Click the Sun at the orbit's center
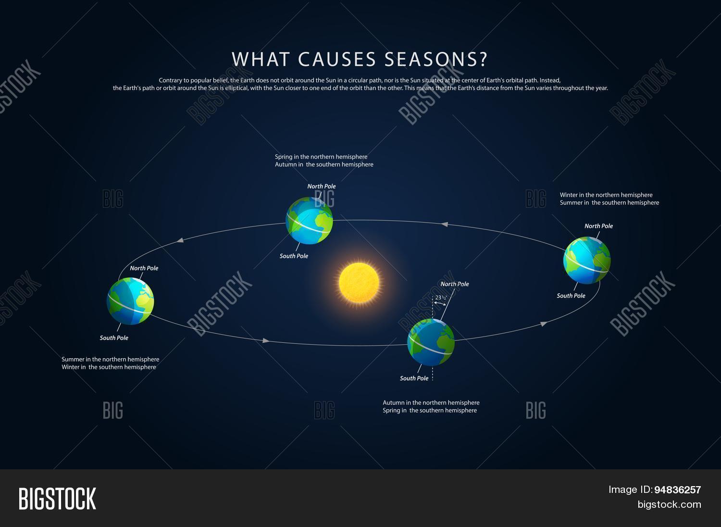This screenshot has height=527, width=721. click(x=359, y=282)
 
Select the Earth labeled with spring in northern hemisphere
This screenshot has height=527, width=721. click(x=309, y=221)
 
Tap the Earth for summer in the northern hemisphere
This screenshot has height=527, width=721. click(x=130, y=301)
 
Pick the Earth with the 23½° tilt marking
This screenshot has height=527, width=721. click(x=431, y=342)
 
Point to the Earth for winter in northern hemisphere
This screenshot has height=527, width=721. click(x=587, y=260)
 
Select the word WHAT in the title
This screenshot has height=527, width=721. click(x=261, y=59)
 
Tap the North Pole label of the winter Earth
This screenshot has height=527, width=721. click(x=598, y=226)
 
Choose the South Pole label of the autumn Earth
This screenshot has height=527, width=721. click(x=414, y=378)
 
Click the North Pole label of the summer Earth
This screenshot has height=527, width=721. click(x=144, y=268)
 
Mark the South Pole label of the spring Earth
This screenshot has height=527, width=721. click(x=294, y=256)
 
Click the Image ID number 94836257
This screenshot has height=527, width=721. click(x=677, y=490)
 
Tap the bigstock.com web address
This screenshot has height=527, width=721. click(x=669, y=504)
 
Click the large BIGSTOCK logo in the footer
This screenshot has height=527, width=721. click(x=57, y=499)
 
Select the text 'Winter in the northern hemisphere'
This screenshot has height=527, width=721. click(x=606, y=195)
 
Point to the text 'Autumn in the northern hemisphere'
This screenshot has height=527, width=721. click(x=431, y=403)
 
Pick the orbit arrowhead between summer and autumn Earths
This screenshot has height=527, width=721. click(x=266, y=341)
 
